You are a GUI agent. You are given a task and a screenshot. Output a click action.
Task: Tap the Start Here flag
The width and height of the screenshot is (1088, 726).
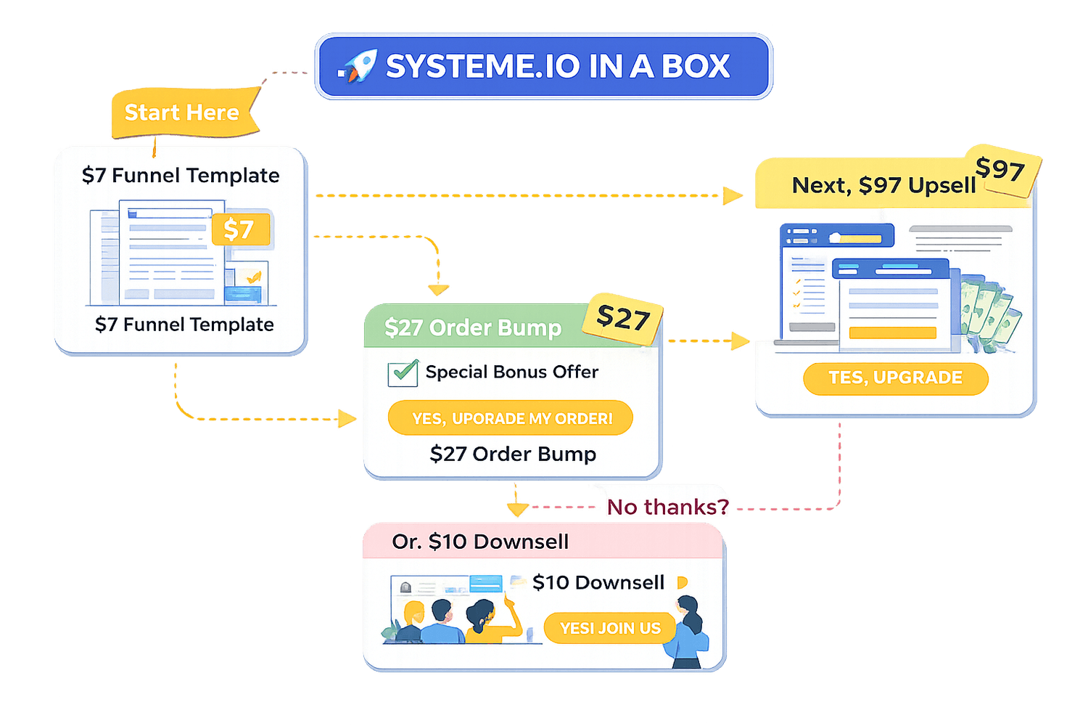click(183, 113)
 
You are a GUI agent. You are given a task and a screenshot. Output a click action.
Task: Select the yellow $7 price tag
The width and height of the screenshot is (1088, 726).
click(239, 229)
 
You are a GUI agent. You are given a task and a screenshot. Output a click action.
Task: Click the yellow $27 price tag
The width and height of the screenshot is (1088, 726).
click(623, 317)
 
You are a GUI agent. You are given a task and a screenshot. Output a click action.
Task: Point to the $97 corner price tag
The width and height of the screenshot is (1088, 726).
click(1001, 171)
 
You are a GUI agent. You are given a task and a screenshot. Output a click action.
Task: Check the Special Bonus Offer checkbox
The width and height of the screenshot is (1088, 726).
click(403, 373)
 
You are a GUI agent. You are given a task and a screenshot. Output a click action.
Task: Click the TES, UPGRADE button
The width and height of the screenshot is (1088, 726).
click(896, 378)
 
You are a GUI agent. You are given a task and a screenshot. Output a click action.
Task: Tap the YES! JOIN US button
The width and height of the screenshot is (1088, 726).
click(610, 628)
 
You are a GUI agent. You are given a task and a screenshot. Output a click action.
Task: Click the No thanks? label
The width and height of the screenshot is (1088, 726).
click(667, 507)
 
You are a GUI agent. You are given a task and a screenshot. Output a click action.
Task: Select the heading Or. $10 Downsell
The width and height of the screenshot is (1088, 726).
click(480, 542)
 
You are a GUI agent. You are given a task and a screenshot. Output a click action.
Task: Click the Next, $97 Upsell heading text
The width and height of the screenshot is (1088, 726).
click(883, 186)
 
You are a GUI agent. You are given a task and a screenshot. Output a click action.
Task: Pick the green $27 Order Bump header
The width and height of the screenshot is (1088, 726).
click(473, 328)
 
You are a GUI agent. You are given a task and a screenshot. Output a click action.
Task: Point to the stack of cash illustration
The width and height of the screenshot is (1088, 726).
click(990, 312)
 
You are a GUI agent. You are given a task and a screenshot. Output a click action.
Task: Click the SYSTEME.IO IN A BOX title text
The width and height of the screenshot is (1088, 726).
click(557, 67)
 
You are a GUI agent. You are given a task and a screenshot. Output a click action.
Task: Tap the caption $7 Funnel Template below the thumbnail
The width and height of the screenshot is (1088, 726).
click(184, 325)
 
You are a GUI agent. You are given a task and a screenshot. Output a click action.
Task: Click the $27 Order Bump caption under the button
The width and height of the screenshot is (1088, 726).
click(513, 454)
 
